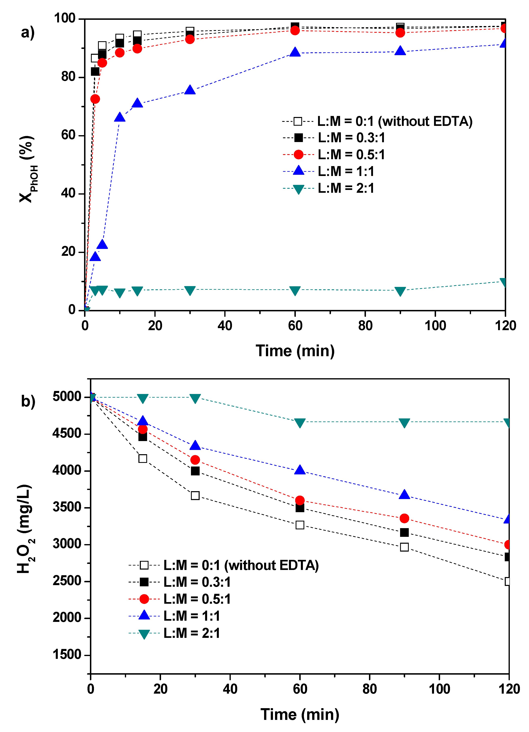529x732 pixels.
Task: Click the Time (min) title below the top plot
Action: click(295, 351)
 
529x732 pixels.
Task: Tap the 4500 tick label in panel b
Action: click(67, 433)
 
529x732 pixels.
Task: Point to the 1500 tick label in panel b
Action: click(67, 655)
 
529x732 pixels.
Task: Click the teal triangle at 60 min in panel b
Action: click(300, 423)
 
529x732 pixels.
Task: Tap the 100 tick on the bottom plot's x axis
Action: click(439, 689)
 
